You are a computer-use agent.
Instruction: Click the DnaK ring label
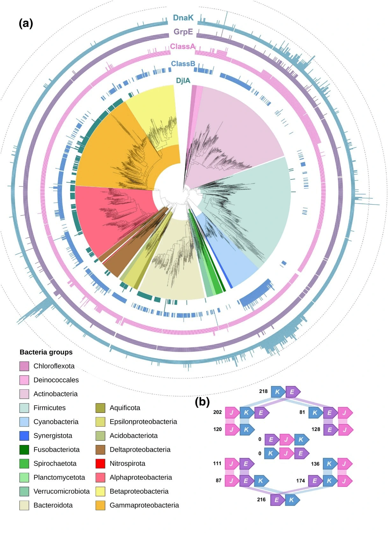click(183, 18)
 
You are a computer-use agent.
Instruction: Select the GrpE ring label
click(183, 32)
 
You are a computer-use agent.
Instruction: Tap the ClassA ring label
click(183, 47)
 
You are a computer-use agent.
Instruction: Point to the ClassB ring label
click(183, 64)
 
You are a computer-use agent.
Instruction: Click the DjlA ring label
click(183, 81)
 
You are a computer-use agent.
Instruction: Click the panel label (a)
click(26, 23)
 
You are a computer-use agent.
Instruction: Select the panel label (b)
click(202, 402)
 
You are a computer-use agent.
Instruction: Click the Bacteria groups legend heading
click(46, 352)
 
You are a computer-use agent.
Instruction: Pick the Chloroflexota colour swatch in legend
click(24, 366)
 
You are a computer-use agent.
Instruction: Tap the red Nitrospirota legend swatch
click(100, 464)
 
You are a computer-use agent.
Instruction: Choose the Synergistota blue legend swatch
click(24, 436)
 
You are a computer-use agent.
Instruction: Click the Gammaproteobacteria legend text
click(144, 505)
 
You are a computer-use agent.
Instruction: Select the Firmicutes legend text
click(49, 408)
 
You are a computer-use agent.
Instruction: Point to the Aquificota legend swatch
click(100, 408)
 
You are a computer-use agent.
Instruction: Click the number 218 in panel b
click(263, 391)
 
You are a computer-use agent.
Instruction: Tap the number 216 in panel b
click(261, 500)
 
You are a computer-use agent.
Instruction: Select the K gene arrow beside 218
click(278, 392)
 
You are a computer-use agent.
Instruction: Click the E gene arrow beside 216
click(277, 500)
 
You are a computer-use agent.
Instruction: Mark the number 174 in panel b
click(300, 481)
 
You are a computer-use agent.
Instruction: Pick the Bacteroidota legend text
click(53, 505)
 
